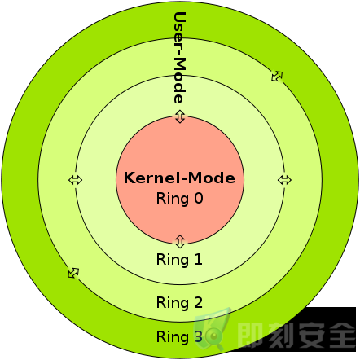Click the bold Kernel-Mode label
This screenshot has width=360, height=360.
179,178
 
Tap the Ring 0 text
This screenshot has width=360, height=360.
180,199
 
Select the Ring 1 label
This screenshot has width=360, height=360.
179,259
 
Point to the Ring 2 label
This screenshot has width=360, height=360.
179,303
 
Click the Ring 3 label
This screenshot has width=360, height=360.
179,337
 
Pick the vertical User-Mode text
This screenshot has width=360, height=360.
179,58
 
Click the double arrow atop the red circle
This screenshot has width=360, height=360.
180,116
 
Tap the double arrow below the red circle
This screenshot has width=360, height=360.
180,241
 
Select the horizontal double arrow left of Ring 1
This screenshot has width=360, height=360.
75,180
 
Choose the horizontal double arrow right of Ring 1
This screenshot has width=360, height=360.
284,180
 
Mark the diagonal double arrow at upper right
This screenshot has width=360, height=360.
277,76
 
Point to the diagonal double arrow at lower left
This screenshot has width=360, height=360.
73,273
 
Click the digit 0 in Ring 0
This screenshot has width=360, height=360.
199,198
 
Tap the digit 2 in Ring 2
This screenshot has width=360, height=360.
199,302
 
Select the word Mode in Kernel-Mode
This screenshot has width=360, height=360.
212,178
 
